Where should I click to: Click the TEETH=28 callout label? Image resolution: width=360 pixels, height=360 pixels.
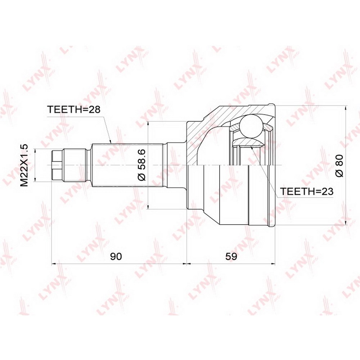[73, 109]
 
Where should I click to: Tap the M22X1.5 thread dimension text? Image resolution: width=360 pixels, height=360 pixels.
[24, 165]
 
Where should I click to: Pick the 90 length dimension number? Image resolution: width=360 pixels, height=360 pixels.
[116, 256]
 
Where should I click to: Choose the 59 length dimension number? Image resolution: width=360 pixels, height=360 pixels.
[231, 256]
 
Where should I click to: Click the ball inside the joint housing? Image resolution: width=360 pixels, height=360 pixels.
[251, 127]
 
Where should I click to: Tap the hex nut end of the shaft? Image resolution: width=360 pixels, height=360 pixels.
[57, 165]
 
